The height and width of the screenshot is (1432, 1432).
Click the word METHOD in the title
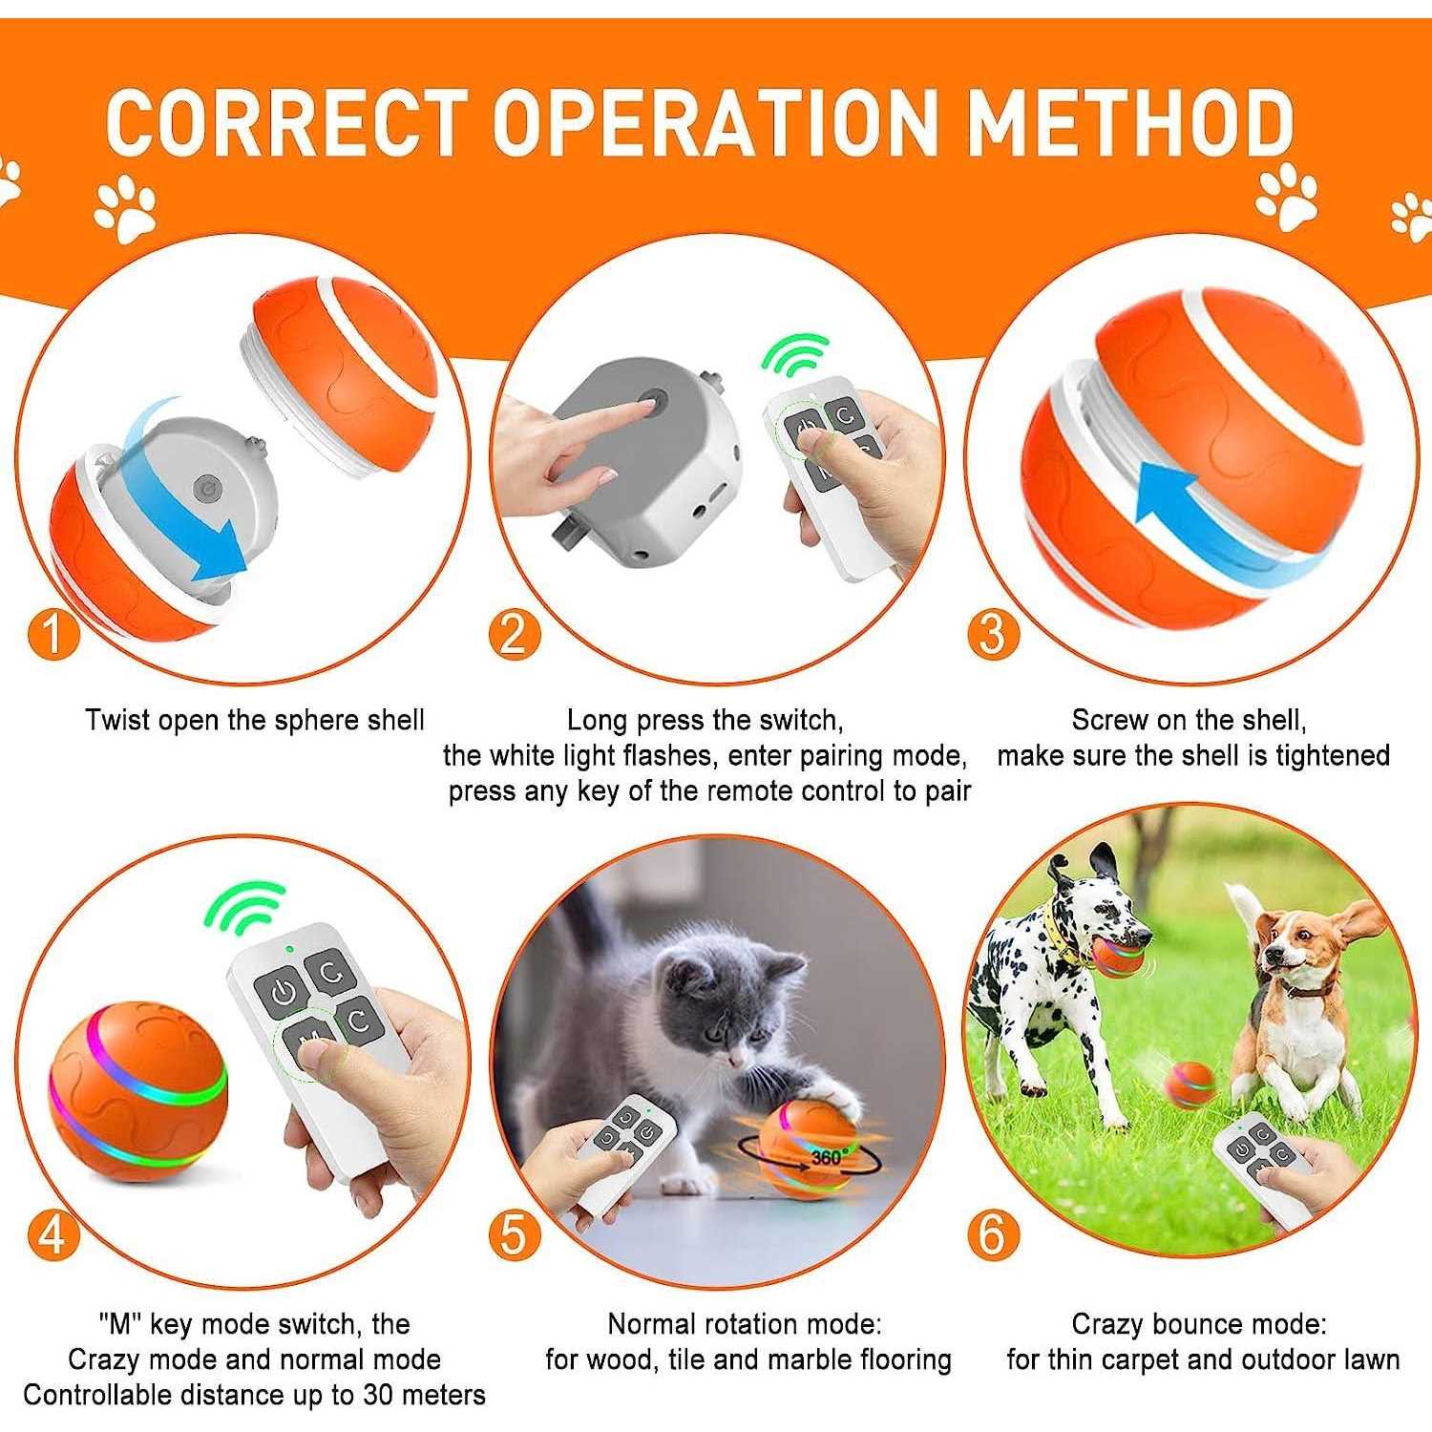pyautogui.click(x=1129, y=122)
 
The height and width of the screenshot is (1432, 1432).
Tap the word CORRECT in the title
pyautogui.click(x=286, y=122)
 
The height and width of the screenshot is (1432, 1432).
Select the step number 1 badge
pyautogui.click(x=53, y=633)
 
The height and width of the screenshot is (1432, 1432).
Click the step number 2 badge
pyautogui.click(x=515, y=633)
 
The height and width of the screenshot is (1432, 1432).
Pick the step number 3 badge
pyautogui.click(x=994, y=633)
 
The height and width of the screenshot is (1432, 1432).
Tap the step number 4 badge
pyautogui.click(x=53, y=1234)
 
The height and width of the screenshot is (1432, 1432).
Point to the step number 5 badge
pyautogui.click(x=515, y=1234)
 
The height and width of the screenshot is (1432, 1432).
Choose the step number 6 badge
pyautogui.click(x=994, y=1234)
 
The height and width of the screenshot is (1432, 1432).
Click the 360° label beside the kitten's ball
pyautogui.click(x=830, y=1157)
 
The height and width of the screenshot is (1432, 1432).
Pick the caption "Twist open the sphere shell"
pyautogui.click(x=255, y=720)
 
